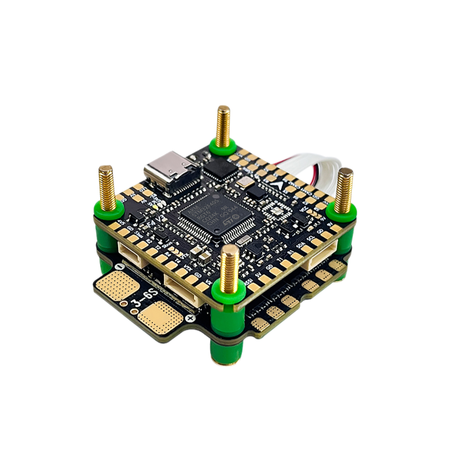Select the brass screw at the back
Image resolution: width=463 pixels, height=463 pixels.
point(223,124)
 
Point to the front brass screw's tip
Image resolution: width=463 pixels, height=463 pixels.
point(230,251)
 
